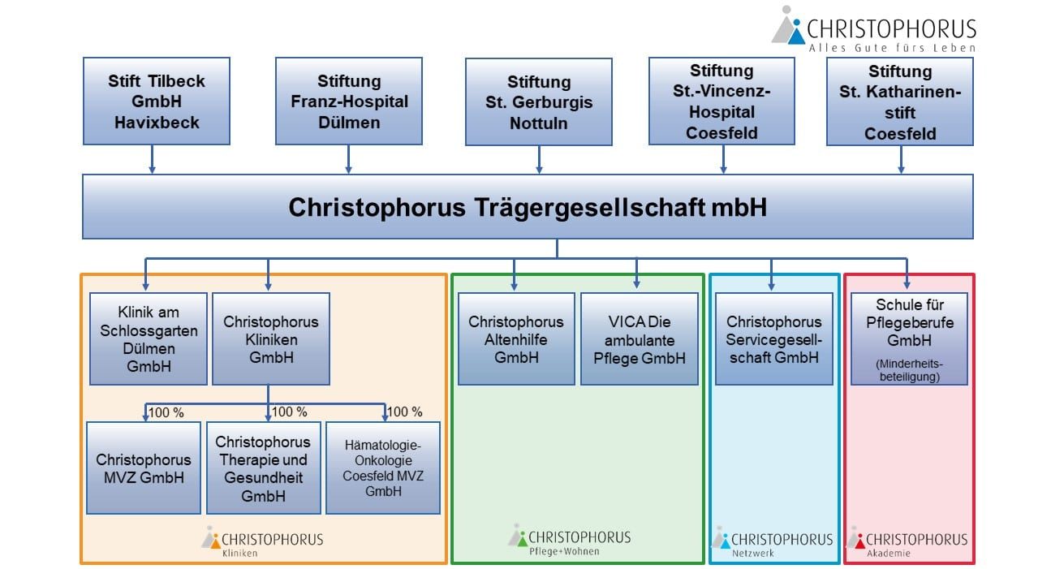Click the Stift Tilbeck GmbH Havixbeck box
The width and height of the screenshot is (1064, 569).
coord(156,101)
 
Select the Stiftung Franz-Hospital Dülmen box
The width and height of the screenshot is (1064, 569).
coord(349,101)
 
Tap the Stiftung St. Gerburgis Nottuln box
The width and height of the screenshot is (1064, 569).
coord(538,102)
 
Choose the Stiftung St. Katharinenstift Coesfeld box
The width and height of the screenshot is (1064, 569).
coord(899,101)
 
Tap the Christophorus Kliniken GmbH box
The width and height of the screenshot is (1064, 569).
coord(270,338)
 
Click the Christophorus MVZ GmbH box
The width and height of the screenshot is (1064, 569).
coord(144,468)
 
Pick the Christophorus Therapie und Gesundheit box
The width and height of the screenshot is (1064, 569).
coord(263,468)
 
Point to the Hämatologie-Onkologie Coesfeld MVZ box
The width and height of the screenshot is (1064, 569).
coord(383,468)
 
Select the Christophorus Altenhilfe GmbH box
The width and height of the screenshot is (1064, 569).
coord(515,338)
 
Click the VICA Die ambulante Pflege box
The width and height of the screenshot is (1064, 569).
coord(639,338)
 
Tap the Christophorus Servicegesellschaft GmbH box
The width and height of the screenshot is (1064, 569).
coord(773,338)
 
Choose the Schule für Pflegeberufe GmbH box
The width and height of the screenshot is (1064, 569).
coord(908,338)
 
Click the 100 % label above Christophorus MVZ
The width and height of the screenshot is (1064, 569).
coord(166,412)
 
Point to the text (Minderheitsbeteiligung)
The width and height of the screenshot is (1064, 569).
coord(908,370)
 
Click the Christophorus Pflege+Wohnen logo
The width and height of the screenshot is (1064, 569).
coord(570,540)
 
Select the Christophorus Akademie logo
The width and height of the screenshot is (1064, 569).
coord(907,541)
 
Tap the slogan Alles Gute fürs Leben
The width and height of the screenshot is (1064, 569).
coord(891,48)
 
